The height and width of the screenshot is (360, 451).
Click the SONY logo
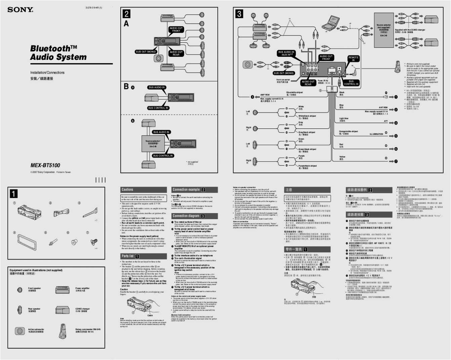pos(20,10)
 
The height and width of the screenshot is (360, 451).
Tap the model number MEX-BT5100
pos(45,165)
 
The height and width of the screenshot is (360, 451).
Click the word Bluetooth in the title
pos(50,49)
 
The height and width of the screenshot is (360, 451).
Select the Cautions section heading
pos(128,190)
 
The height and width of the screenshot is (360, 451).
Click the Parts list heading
pos(128,256)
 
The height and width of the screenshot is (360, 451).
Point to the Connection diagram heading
pos(186,216)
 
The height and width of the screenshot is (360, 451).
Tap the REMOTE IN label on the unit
pos(353,59)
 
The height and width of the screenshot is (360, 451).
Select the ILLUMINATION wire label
pos(376,134)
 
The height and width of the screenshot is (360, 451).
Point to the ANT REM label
pos(383,108)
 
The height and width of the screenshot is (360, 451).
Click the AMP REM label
pos(265,95)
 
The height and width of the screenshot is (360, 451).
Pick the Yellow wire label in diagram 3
pos(342,157)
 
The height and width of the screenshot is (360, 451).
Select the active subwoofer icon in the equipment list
pos(19,331)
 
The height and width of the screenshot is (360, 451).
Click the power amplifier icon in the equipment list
pos(63,289)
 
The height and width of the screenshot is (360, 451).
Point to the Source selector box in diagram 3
pos(384,30)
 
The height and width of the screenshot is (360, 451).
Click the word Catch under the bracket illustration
pos(150,315)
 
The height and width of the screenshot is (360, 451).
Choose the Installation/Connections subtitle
pos(47,73)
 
